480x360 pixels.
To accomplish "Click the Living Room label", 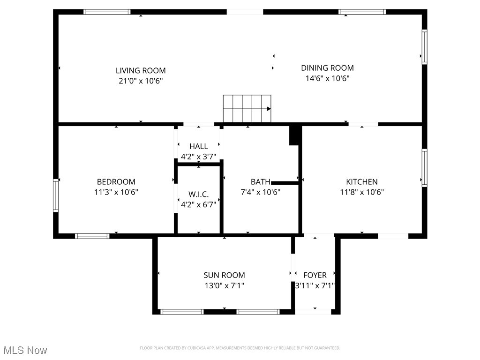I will tap(141, 71).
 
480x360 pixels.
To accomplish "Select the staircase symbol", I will tap(247, 108).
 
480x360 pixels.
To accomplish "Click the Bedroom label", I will tap(116, 182).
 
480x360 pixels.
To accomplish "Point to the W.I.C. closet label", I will tap(198, 194).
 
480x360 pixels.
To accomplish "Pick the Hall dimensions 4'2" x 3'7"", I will tap(198, 157).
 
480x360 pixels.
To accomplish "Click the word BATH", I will tap(260, 182).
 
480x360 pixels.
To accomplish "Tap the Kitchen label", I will tap(361, 182).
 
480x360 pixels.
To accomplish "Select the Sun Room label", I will tap(224, 275).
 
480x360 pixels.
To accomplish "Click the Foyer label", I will tap(315, 275).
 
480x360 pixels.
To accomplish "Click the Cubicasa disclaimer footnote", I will tap(240, 348).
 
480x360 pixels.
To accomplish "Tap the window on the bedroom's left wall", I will tap(56, 195).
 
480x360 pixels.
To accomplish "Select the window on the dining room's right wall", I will tap(424, 47).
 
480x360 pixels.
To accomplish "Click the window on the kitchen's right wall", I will tap(424, 168).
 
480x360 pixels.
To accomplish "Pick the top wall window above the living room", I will tap(107, 12).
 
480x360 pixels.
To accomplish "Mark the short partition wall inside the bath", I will tap(285, 183).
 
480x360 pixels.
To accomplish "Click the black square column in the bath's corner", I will tap(295, 135).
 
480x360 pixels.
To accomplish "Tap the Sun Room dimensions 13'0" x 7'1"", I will tap(224, 285).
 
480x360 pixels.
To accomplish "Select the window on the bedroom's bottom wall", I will tap(92, 236).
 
